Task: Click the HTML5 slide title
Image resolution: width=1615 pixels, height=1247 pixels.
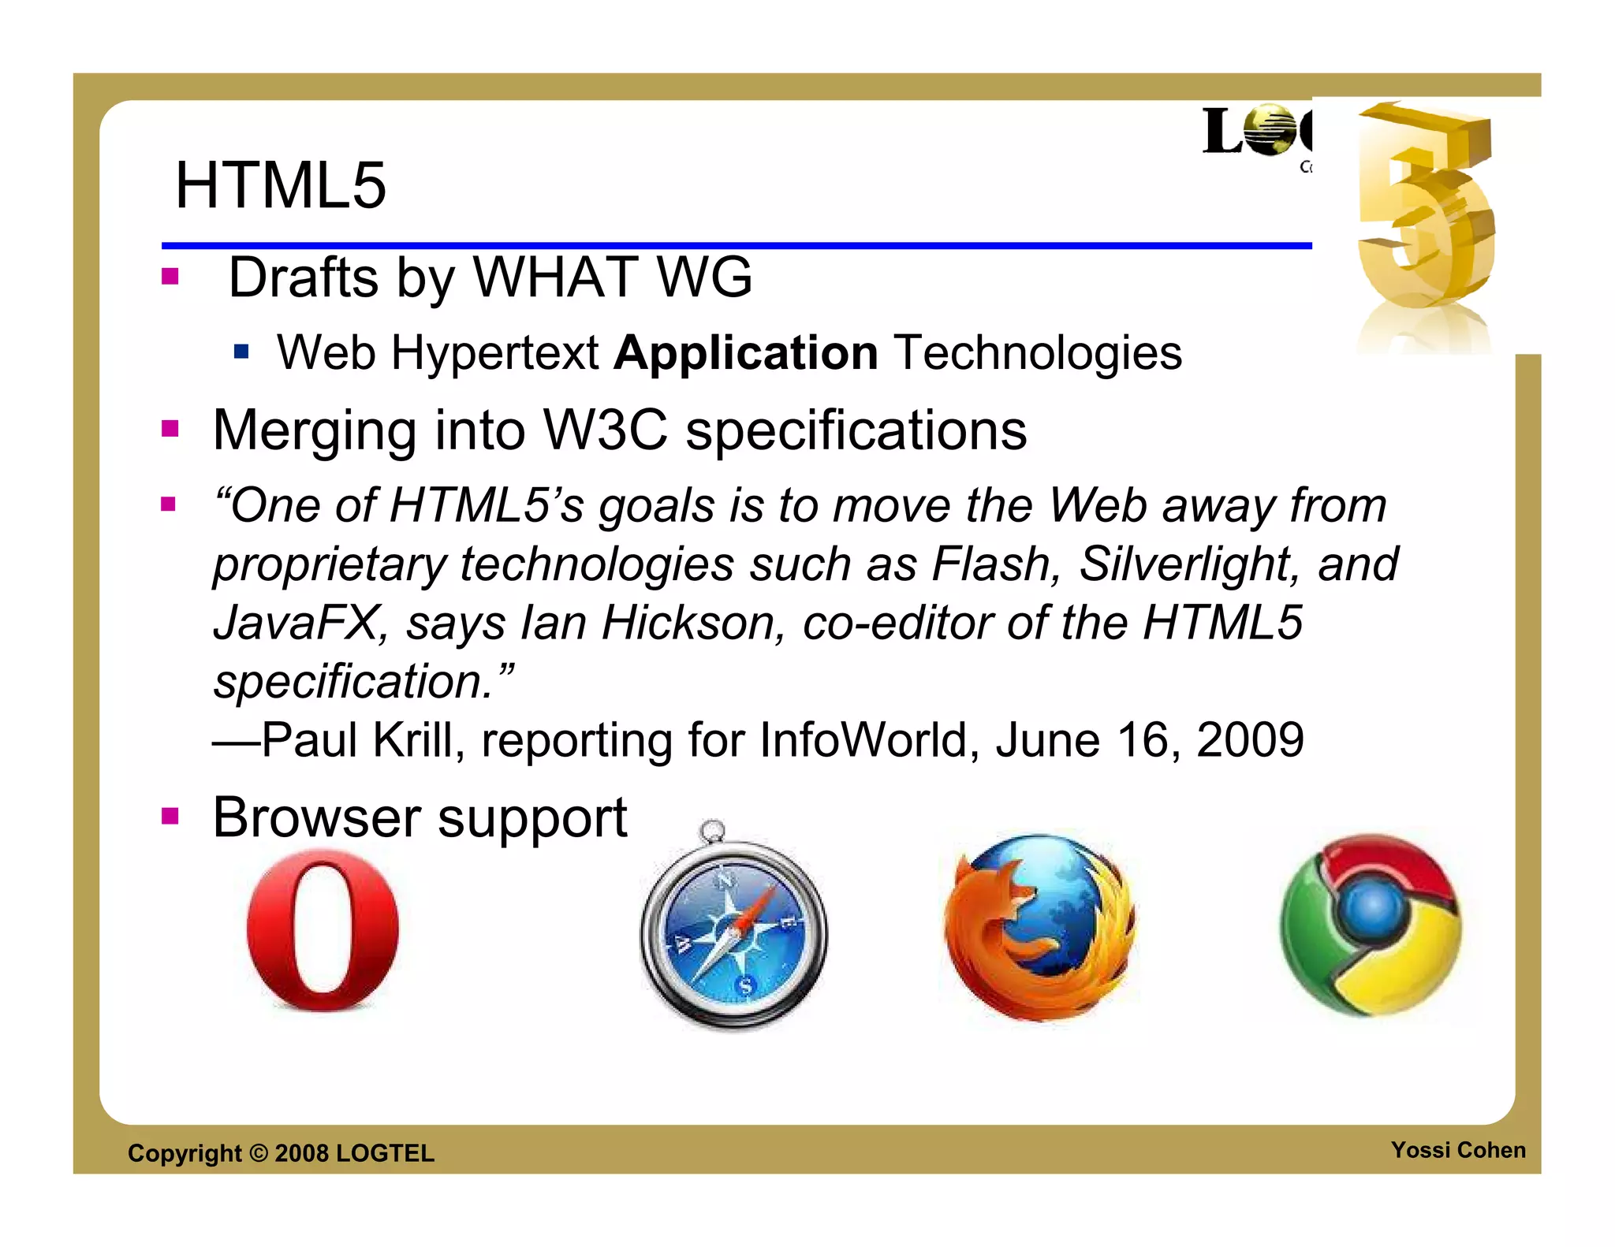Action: point(281,186)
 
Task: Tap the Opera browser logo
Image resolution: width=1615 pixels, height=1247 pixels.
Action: point(323,930)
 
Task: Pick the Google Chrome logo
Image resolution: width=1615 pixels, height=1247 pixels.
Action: point(1371,925)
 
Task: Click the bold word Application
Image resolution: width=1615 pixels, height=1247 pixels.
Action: point(745,352)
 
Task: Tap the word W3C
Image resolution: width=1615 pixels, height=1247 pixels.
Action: point(606,431)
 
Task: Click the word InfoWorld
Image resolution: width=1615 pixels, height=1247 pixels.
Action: point(863,740)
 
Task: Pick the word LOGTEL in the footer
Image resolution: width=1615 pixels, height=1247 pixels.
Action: point(385,1153)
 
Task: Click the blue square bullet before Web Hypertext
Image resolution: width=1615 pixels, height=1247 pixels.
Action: point(241,352)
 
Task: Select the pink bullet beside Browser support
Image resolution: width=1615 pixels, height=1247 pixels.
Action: point(170,816)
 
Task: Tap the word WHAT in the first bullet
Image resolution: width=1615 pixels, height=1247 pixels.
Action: point(555,278)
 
